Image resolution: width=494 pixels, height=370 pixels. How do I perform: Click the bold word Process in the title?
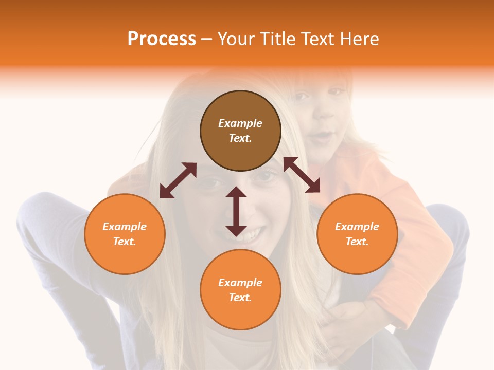[162, 39]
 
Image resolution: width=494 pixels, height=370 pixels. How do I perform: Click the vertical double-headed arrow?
[236, 212]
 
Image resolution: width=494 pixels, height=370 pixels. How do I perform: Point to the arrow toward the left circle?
[178, 180]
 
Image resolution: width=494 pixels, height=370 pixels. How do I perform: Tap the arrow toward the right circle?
[302, 175]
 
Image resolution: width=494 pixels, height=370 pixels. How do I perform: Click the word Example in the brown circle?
[240, 123]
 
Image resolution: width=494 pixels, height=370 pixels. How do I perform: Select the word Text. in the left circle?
[125, 242]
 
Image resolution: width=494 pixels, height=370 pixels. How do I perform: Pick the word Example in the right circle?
[357, 227]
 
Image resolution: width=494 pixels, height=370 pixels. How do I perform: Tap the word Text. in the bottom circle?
[240, 298]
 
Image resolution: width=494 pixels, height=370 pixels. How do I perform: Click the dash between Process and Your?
[207, 40]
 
